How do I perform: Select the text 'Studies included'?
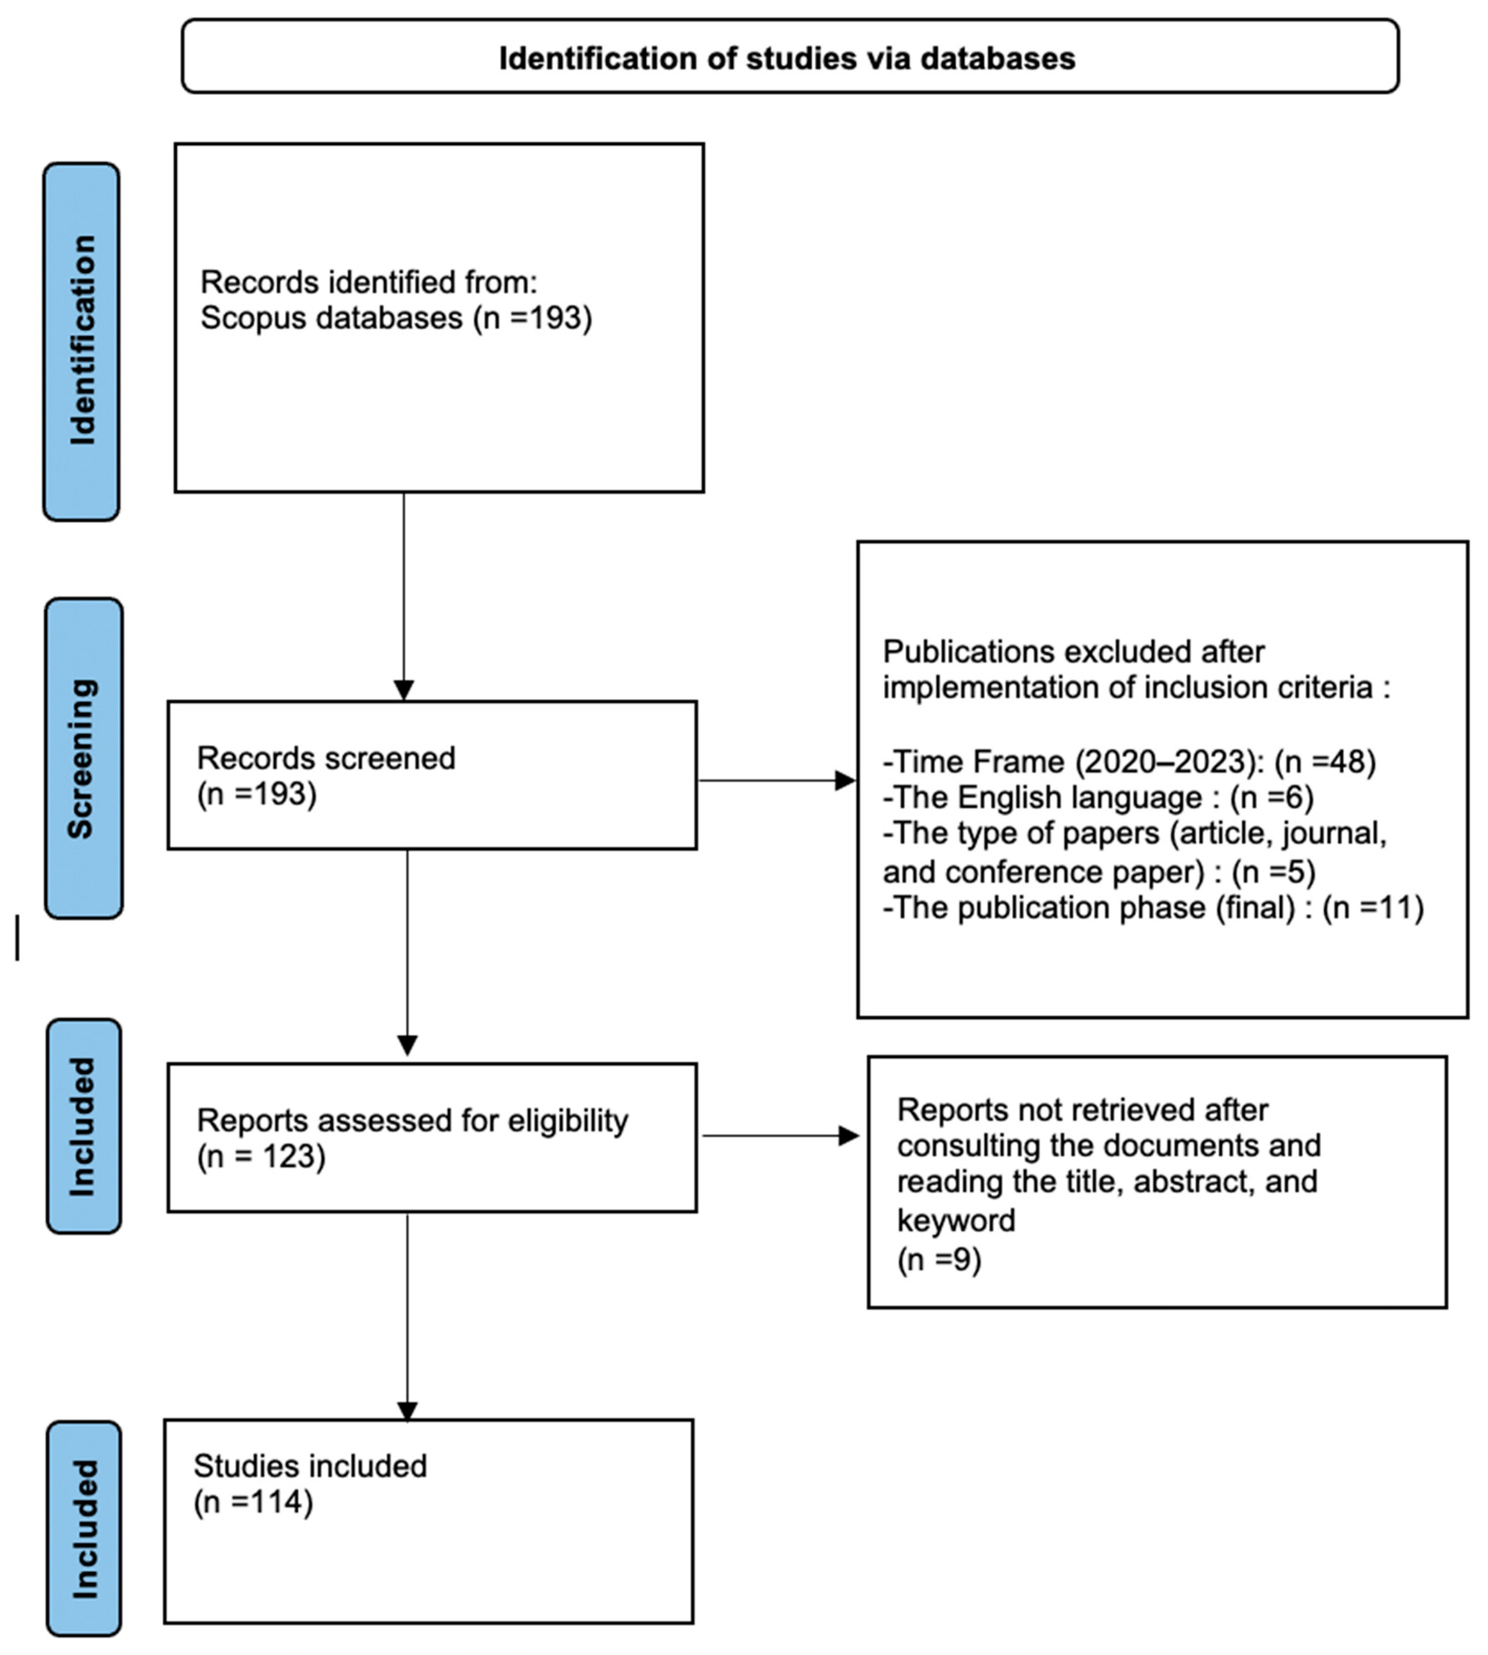[x=310, y=1466]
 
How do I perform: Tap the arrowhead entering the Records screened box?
[x=404, y=689]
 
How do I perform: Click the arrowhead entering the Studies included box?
[x=407, y=1412]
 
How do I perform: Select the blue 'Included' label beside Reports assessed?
[x=83, y=1127]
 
